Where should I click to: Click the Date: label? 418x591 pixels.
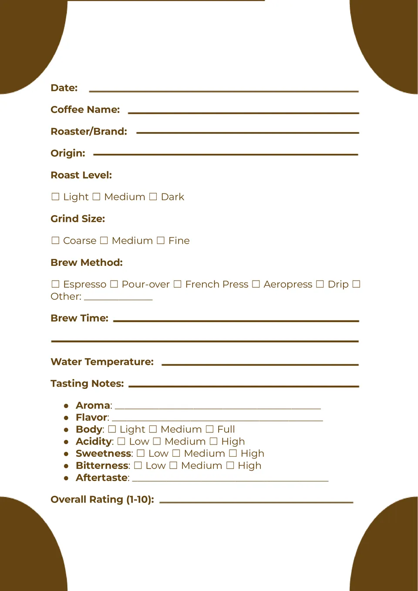(x=64, y=88)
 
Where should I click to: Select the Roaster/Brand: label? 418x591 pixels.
(x=89, y=132)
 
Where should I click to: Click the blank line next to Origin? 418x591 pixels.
(x=226, y=154)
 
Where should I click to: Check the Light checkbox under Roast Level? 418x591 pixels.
(x=55, y=197)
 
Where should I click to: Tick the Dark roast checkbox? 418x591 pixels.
(x=153, y=197)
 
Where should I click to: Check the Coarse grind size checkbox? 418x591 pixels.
(x=55, y=241)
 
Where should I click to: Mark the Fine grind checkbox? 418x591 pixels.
(x=161, y=241)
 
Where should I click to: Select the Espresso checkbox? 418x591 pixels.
(x=55, y=284)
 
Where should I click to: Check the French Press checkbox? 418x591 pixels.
(x=177, y=284)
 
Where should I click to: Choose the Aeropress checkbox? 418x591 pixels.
(x=256, y=284)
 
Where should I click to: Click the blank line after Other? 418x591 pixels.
(x=118, y=299)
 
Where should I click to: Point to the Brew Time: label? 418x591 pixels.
(x=79, y=318)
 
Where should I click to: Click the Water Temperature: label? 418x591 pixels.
(x=102, y=362)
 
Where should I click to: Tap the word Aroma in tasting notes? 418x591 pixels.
(x=93, y=406)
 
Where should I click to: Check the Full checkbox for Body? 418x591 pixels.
(x=209, y=429)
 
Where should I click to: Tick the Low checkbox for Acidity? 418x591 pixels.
(x=121, y=442)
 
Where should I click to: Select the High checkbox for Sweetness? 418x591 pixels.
(x=233, y=454)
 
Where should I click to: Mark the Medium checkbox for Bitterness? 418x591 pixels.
(x=173, y=465)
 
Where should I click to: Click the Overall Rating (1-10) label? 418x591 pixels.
(x=102, y=499)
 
